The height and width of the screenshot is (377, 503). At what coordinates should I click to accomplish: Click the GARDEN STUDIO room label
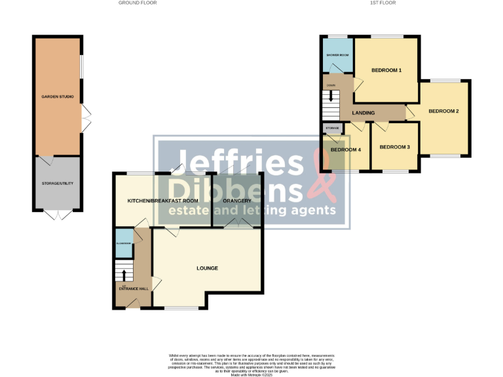click(x=58, y=97)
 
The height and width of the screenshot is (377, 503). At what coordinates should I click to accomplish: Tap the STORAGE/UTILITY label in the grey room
click(x=58, y=183)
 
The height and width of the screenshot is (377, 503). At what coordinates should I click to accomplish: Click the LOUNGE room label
click(x=207, y=268)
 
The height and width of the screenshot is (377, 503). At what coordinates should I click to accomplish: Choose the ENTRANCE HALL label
click(x=133, y=288)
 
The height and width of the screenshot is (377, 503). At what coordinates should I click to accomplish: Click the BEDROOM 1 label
click(x=386, y=70)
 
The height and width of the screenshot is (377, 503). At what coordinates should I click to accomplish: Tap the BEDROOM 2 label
click(x=443, y=111)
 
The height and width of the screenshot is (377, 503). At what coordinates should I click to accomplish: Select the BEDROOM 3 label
click(x=394, y=147)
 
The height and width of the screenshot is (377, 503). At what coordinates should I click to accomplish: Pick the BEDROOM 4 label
click(x=345, y=150)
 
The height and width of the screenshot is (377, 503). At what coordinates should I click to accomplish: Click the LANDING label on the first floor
click(x=363, y=113)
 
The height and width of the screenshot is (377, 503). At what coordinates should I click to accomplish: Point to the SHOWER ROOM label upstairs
click(x=337, y=54)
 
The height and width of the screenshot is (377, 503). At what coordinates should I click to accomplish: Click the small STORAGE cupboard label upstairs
click(x=331, y=128)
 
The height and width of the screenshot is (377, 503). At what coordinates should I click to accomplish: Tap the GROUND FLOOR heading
click(x=138, y=3)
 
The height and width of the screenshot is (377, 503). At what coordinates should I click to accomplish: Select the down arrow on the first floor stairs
click(x=331, y=95)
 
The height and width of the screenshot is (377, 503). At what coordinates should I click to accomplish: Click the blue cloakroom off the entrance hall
click(x=123, y=242)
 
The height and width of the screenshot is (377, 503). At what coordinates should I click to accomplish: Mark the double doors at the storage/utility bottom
click(x=58, y=215)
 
